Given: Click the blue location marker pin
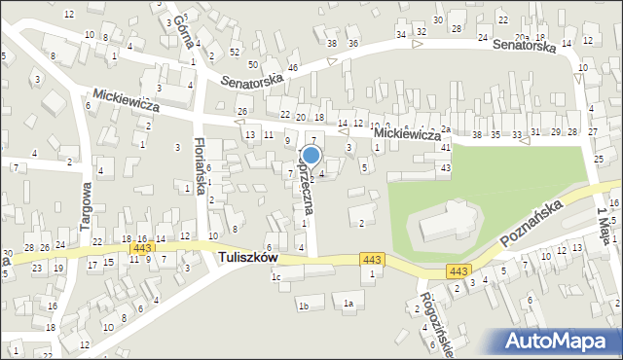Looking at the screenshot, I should coord(311,155).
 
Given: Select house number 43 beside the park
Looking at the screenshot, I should coord(445,168).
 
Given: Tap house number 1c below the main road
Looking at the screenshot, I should coord(275,277).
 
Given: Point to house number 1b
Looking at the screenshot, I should coord(303,306).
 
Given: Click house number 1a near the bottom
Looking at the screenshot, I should coord(348,304).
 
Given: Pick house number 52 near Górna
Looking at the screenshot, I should coord(235,52).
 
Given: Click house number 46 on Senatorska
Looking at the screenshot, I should coord(292,68).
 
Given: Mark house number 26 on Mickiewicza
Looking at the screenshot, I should coord(242,112).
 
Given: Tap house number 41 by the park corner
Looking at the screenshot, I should coord(445,148).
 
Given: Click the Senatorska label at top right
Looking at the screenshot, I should coord(524,46).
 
